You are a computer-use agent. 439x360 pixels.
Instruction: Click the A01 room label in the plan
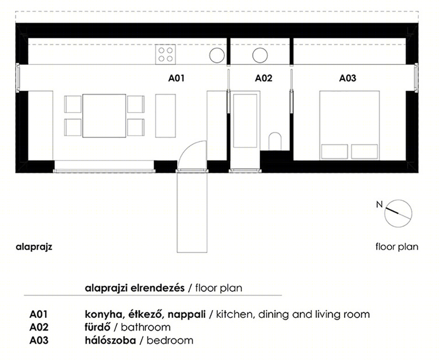(x=177, y=78)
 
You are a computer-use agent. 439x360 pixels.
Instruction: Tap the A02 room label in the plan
(x=263, y=78)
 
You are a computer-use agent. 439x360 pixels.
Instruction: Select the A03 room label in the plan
(x=348, y=78)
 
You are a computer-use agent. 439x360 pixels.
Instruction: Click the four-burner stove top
(x=166, y=54)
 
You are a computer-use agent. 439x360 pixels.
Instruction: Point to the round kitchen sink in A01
(x=217, y=55)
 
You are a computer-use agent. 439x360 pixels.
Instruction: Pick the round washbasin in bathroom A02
(x=260, y=55)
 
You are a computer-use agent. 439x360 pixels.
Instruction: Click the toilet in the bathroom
(x=275, y=142)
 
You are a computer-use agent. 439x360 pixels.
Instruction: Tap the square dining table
(x=104, y=116)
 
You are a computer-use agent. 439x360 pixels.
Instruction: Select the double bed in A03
(x=350, y=125)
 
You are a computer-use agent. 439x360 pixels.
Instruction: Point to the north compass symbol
(x=398, y=213)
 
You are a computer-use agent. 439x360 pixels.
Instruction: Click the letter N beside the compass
(x=380, y=205)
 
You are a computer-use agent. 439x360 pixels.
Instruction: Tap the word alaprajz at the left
(x=34, y=247)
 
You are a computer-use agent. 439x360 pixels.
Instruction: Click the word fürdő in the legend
(x=98, y=327)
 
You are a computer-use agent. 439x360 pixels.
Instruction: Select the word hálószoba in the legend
(x=110, y=340)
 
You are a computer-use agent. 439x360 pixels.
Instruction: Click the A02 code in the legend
(x=38, y=327)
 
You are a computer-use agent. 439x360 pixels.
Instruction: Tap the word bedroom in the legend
(x=170, y=340)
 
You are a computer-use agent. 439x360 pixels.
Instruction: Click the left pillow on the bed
(x=335, y=152)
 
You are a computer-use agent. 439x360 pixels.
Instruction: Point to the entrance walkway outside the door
(x=192, y=212)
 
